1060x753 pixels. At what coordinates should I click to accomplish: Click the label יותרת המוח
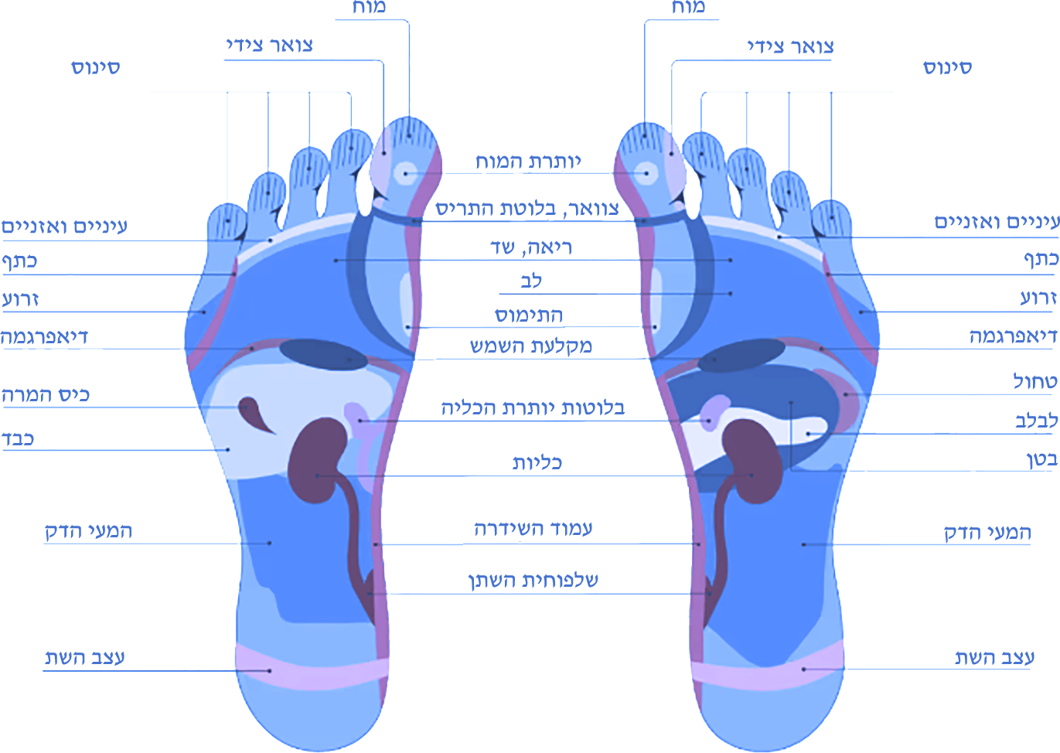point(528,162)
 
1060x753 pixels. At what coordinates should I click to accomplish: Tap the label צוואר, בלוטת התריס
point(527,209)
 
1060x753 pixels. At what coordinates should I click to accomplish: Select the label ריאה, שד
point(531,247)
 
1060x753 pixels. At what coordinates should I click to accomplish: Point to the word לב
point(531,281)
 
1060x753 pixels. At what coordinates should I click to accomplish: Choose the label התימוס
point(529,315)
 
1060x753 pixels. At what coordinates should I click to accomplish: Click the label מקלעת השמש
point(531,346)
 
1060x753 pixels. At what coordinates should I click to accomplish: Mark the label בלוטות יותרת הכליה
point(533,408)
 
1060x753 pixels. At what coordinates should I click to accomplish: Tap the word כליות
point(537,462)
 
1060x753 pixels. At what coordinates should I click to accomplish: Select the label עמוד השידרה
point(533,529)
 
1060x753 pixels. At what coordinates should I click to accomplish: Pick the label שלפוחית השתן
point(533,581)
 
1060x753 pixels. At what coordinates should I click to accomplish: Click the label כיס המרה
point(46,395)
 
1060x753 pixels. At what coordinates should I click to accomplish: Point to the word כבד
point(18,439)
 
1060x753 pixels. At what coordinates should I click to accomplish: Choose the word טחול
point(1035,381)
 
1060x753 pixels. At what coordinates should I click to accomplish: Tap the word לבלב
point(1036,421)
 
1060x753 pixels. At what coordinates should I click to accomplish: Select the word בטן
point(1042,458)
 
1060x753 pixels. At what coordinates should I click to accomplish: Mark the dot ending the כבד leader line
point(228,450)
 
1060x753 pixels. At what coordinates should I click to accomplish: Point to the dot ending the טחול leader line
point(846,394)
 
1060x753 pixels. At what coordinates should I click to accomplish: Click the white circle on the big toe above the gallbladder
point(406,173)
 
